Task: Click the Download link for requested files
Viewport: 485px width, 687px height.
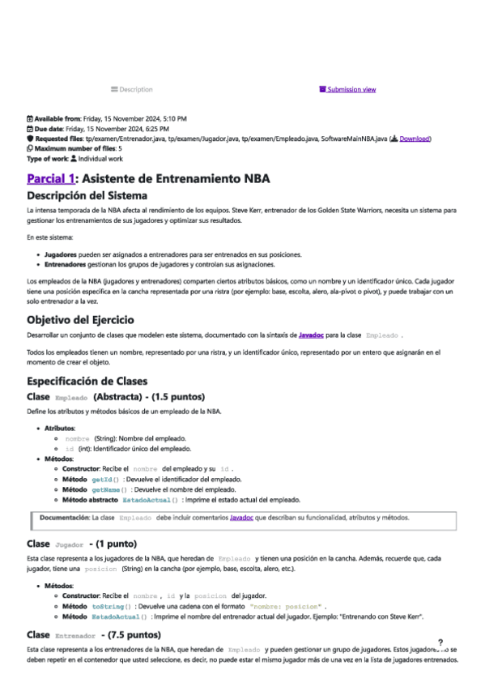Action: click(x=415, y=139)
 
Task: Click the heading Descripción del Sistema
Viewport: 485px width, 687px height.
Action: click(x=87, y=195)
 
